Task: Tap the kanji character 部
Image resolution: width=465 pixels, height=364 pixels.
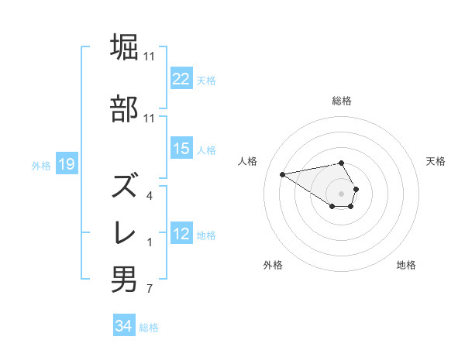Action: click(x=124, y=109)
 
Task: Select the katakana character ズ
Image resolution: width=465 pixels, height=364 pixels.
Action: click(x=124, y=186)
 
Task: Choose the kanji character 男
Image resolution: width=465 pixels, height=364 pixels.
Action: click(x=124, y=280)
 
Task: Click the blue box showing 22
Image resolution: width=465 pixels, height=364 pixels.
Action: click(x=181, y=79)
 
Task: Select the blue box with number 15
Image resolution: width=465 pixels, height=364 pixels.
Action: click(x=181, y=149)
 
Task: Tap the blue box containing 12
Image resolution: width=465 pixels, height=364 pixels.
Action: click(x=181, y=234)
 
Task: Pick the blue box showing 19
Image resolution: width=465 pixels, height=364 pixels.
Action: click(x=66, y=164)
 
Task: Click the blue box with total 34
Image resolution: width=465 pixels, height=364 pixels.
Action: click(x=123, y=326)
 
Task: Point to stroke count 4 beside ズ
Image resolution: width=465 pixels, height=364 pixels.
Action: click(x=149, y=196)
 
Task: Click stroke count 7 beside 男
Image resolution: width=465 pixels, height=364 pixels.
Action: click(x=149, y=290)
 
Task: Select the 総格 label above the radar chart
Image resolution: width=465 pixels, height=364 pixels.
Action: click(x=342, y=101)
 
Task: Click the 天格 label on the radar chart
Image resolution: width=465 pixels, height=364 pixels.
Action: click(x=436, y=161)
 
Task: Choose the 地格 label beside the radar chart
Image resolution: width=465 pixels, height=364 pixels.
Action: click(x=406, y=265)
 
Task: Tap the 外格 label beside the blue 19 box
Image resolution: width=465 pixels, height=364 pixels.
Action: click(x=41, y=165)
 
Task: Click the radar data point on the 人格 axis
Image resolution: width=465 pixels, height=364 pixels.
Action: click(x=282, y=173)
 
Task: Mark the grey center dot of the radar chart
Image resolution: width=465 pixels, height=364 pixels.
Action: click(x=342, y=193)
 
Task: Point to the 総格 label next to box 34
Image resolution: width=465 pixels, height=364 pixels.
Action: click(x=149, y=327)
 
